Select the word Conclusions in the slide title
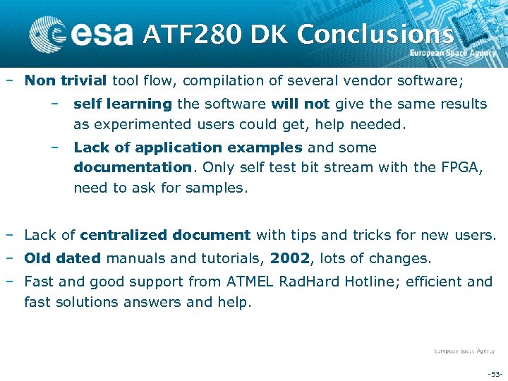(375, 34)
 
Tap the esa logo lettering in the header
(103, 33)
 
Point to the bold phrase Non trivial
(66, 80)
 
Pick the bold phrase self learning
(123, 104)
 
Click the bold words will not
(301, 104)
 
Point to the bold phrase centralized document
(166, 235)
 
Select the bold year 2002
(289, 258)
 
